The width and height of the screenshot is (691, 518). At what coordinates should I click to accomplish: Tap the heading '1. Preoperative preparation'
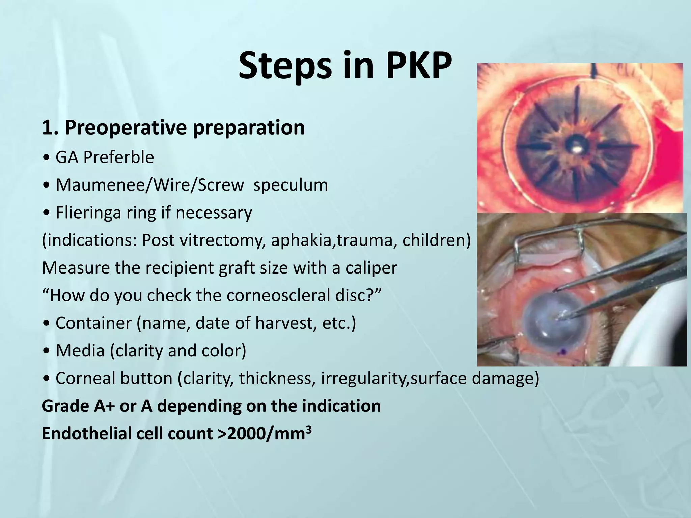point(173,127)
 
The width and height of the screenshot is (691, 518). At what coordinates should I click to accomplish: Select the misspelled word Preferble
point(118,157)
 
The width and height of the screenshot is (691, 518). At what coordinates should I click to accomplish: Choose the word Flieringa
point(88,213)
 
